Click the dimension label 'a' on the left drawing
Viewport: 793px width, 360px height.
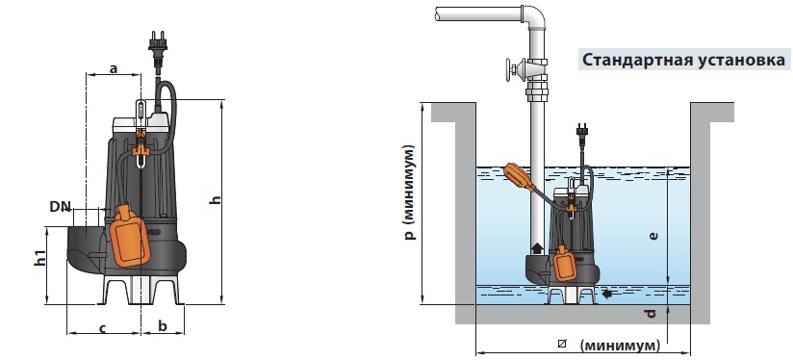(x=114, y=67)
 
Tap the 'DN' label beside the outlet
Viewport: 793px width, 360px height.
(x=61, y=206)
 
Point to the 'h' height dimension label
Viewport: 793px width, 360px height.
(x=217, y=200)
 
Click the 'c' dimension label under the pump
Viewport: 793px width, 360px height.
(x=102, y=329)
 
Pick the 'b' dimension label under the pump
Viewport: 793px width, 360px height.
(x=163, y=326)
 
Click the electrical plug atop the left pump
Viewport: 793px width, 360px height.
(x=158, y=49)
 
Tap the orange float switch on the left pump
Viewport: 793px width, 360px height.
(x=130, y=235)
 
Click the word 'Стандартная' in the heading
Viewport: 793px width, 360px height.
(x=637, y=60)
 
